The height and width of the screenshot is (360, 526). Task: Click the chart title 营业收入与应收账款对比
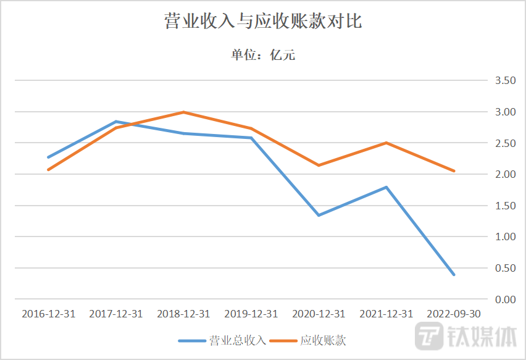[262, 22]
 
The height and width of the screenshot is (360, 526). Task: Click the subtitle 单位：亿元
[263, 56]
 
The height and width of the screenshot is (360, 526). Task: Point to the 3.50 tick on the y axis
[501, 81]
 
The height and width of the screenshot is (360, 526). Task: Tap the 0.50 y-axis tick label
[501, 268]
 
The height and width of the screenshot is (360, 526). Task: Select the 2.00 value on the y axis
[501, 174]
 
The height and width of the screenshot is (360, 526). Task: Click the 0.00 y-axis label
[501, 299]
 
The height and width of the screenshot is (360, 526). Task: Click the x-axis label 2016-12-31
[48, 314]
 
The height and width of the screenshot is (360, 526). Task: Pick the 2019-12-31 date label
[251, 314]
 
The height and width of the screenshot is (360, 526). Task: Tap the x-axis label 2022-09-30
[454, 314]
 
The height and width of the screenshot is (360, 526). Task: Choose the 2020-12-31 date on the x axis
[319, 314]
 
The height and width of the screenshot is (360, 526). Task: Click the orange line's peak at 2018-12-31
[183, 112]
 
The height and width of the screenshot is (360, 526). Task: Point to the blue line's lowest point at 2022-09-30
[454, 275]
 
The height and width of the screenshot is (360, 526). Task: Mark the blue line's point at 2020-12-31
[319, 216]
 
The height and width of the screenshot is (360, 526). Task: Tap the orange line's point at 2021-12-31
[386, 143]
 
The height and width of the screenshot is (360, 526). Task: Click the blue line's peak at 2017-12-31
[116, 122]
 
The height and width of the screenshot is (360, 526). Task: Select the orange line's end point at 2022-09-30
[454, 171]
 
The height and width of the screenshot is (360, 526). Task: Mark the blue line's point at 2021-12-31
[386, 187]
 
